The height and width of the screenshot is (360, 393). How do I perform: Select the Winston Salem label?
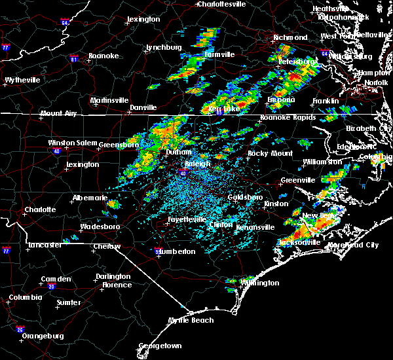click(72, 143)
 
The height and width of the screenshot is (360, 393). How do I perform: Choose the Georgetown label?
click(160, 345)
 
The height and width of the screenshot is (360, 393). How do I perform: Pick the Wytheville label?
click(22, 80)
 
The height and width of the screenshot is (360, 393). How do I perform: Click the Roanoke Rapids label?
click(288, 118)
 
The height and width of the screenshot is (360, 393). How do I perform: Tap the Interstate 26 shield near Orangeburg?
click(21, 329)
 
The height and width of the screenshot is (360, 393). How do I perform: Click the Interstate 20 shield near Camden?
click(51, 287)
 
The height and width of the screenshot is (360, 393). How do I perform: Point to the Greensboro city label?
click(121, 144)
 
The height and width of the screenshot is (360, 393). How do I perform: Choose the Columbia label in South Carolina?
click(26, 298)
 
